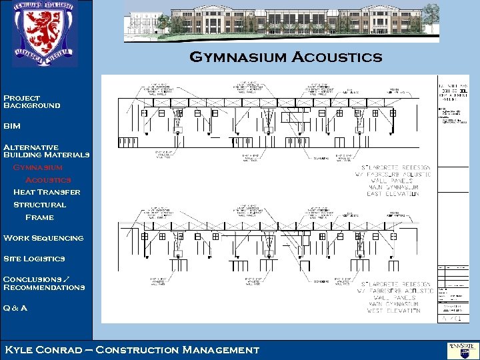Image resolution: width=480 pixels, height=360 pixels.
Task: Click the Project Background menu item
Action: click(x=31, y=102)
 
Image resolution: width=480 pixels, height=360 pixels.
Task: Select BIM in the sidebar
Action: click(x=12, y=126)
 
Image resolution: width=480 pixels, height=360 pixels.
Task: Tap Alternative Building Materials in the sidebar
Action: click(x=46, y=151)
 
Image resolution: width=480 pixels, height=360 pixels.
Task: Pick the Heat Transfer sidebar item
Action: click(x=47, y=192)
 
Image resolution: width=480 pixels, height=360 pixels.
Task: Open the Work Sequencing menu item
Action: click(x=43, y=238)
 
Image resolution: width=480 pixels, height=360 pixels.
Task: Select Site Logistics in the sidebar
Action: click(x=34, y=259)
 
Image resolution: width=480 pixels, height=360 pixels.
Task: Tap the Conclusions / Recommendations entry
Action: click(x=44, y=283)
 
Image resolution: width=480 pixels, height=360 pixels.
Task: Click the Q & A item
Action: click(x=15, y=308)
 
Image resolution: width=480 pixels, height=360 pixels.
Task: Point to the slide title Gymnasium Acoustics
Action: click(x=286, y=57)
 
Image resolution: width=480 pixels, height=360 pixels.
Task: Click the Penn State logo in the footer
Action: click(x=459, y=349)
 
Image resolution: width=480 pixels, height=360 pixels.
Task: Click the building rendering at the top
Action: click(x=281, y=21)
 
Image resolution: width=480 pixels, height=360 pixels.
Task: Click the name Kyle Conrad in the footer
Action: click(x=45, y=349)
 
